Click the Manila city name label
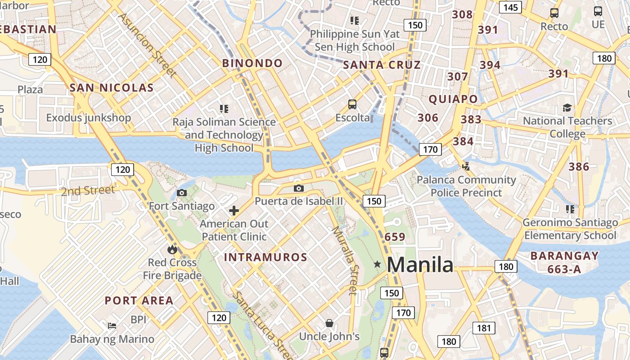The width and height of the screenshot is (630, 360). point(420,265)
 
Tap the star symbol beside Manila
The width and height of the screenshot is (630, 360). point(378,265)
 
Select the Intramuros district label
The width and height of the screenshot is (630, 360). point(265,257)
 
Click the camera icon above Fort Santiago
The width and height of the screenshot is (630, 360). point(182,193)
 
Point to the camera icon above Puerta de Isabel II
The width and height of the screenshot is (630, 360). point(298,188)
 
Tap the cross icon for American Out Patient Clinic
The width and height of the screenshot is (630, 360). point(234,210)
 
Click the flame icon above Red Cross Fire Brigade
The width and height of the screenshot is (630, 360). point(172,249)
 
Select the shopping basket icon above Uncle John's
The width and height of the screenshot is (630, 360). point(329,323)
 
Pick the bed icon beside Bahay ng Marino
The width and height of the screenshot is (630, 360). point(112,325)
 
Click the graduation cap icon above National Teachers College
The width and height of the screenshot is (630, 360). point(567,108)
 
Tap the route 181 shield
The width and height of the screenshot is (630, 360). point(484,328)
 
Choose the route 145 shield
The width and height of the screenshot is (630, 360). point(510,7)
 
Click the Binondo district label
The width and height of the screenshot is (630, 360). point(252,63)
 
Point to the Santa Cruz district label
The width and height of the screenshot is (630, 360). point(382,65)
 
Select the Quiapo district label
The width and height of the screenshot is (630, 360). point(453,99)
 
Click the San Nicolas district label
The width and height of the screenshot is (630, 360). point(112,88)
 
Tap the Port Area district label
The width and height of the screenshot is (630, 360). point(139,301)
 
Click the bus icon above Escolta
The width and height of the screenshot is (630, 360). point(352,104)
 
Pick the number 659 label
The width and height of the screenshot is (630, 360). point(395,237)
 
